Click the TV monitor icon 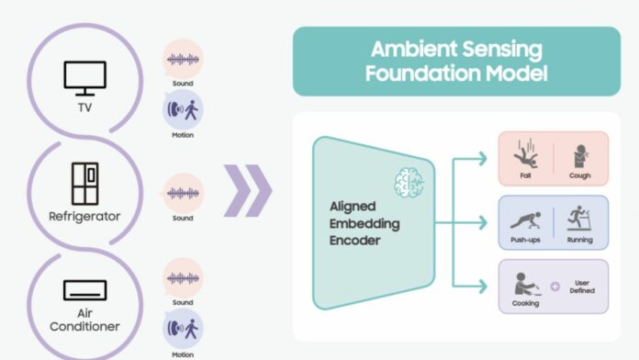coord(84,76)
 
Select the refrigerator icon coord(84,185)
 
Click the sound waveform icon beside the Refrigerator coord(182,194)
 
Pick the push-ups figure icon coord(523,220)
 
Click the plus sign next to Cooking coord(554,286)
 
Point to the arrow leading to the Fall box coord(473,160)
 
